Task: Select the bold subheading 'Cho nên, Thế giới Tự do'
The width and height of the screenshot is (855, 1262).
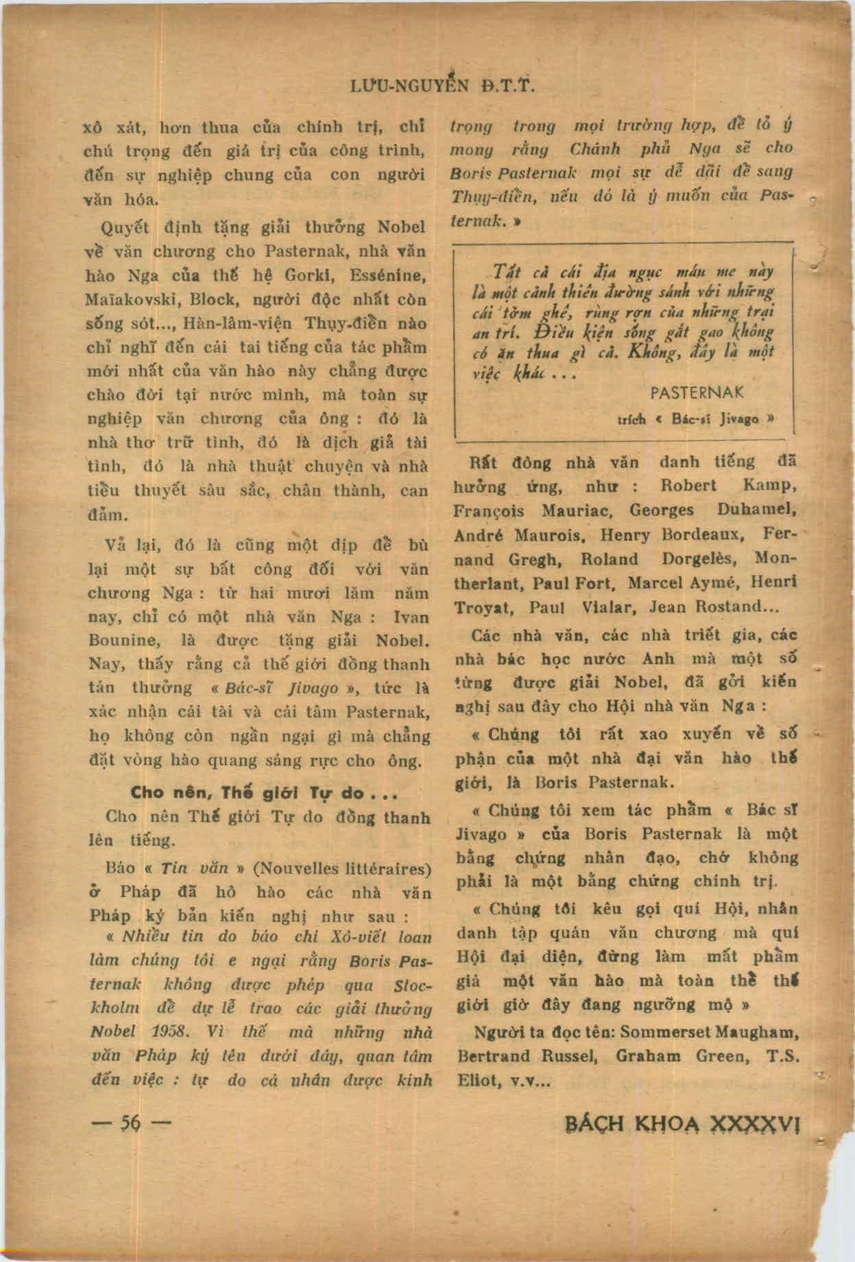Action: click(265, 793)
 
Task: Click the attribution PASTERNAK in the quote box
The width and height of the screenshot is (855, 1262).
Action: click(697, 393)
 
